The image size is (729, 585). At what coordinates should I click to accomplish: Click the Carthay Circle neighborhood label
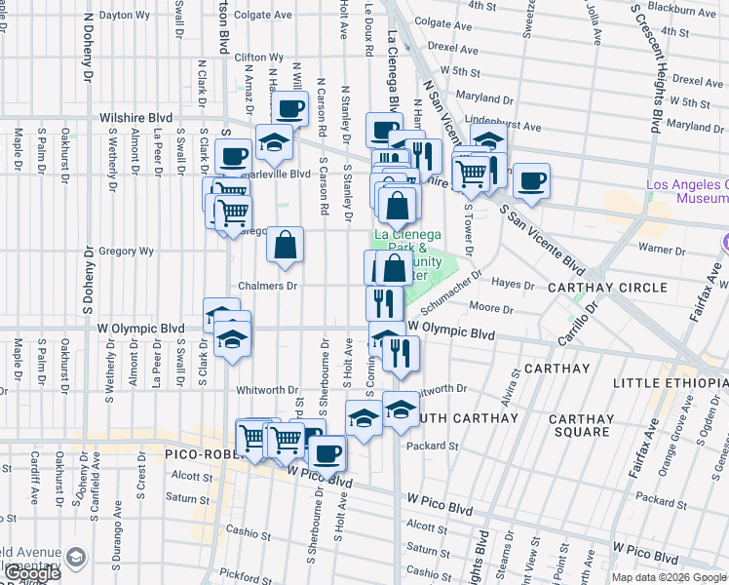pos(607,288)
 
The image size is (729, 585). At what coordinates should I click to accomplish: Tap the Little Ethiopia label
pos(671,383)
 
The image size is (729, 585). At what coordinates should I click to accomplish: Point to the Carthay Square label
pos(581,425)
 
